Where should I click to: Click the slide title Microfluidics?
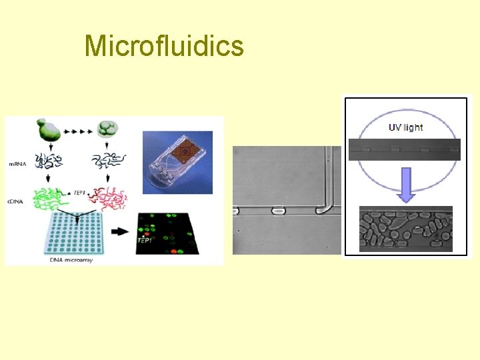tap(164, 46)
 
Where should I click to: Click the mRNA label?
tap(18, 163)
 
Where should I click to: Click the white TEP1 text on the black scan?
tap(144, 239)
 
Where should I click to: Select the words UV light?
tap(407, 127)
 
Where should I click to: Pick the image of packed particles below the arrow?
tap(405, 228)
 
